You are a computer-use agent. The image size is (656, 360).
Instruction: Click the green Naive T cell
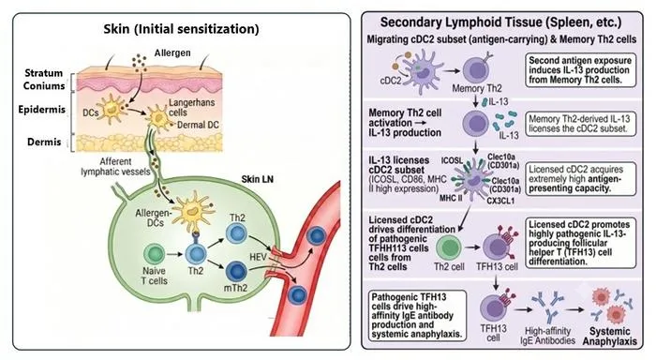click(154, 254)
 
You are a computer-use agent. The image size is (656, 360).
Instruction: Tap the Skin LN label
click(258, 179)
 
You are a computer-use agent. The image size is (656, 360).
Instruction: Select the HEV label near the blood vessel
click(258, 257)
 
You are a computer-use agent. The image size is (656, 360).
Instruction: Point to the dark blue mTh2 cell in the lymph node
click(236, 271)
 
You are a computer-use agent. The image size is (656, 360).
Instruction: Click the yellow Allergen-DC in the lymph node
click(193, 211)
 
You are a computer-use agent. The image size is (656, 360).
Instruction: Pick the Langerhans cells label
click(191, 108)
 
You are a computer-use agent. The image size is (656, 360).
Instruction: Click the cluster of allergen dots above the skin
click(139, 63)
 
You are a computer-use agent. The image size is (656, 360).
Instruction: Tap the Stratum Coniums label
click(44, 79)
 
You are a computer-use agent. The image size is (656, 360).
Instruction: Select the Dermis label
click(44, 142)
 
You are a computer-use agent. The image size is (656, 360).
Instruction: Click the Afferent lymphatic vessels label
click(115, 167)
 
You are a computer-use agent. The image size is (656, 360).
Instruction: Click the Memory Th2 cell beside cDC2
click(476, 69)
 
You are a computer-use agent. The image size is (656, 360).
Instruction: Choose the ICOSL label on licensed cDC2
click(452, 160)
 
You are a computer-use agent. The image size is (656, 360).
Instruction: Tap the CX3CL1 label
click(500, 201)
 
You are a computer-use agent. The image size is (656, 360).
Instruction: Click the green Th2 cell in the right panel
click(449, 247)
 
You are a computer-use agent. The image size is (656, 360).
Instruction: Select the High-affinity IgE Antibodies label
click(547, 336)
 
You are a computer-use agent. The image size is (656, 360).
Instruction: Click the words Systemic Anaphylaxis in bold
click(609, 337)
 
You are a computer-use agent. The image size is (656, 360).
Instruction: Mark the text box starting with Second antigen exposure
click(581, 70)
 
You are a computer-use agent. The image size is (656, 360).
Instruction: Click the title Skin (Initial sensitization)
click(181, 29)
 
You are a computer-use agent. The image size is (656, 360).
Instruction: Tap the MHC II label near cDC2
click(451, 198)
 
